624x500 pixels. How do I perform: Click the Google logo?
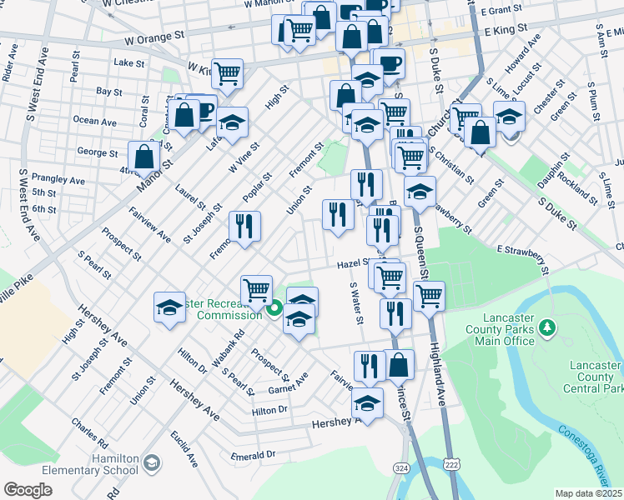pos(28,490)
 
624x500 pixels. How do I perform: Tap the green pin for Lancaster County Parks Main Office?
pos(547,327)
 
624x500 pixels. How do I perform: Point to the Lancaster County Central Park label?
pos(595,377)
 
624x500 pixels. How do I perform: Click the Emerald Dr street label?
pos(254,455)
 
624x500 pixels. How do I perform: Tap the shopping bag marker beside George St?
pos(144,156)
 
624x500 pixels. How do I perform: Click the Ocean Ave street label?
pos(95,121)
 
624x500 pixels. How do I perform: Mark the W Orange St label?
pos(154,37)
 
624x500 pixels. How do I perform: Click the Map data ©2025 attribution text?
pos(588,493)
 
